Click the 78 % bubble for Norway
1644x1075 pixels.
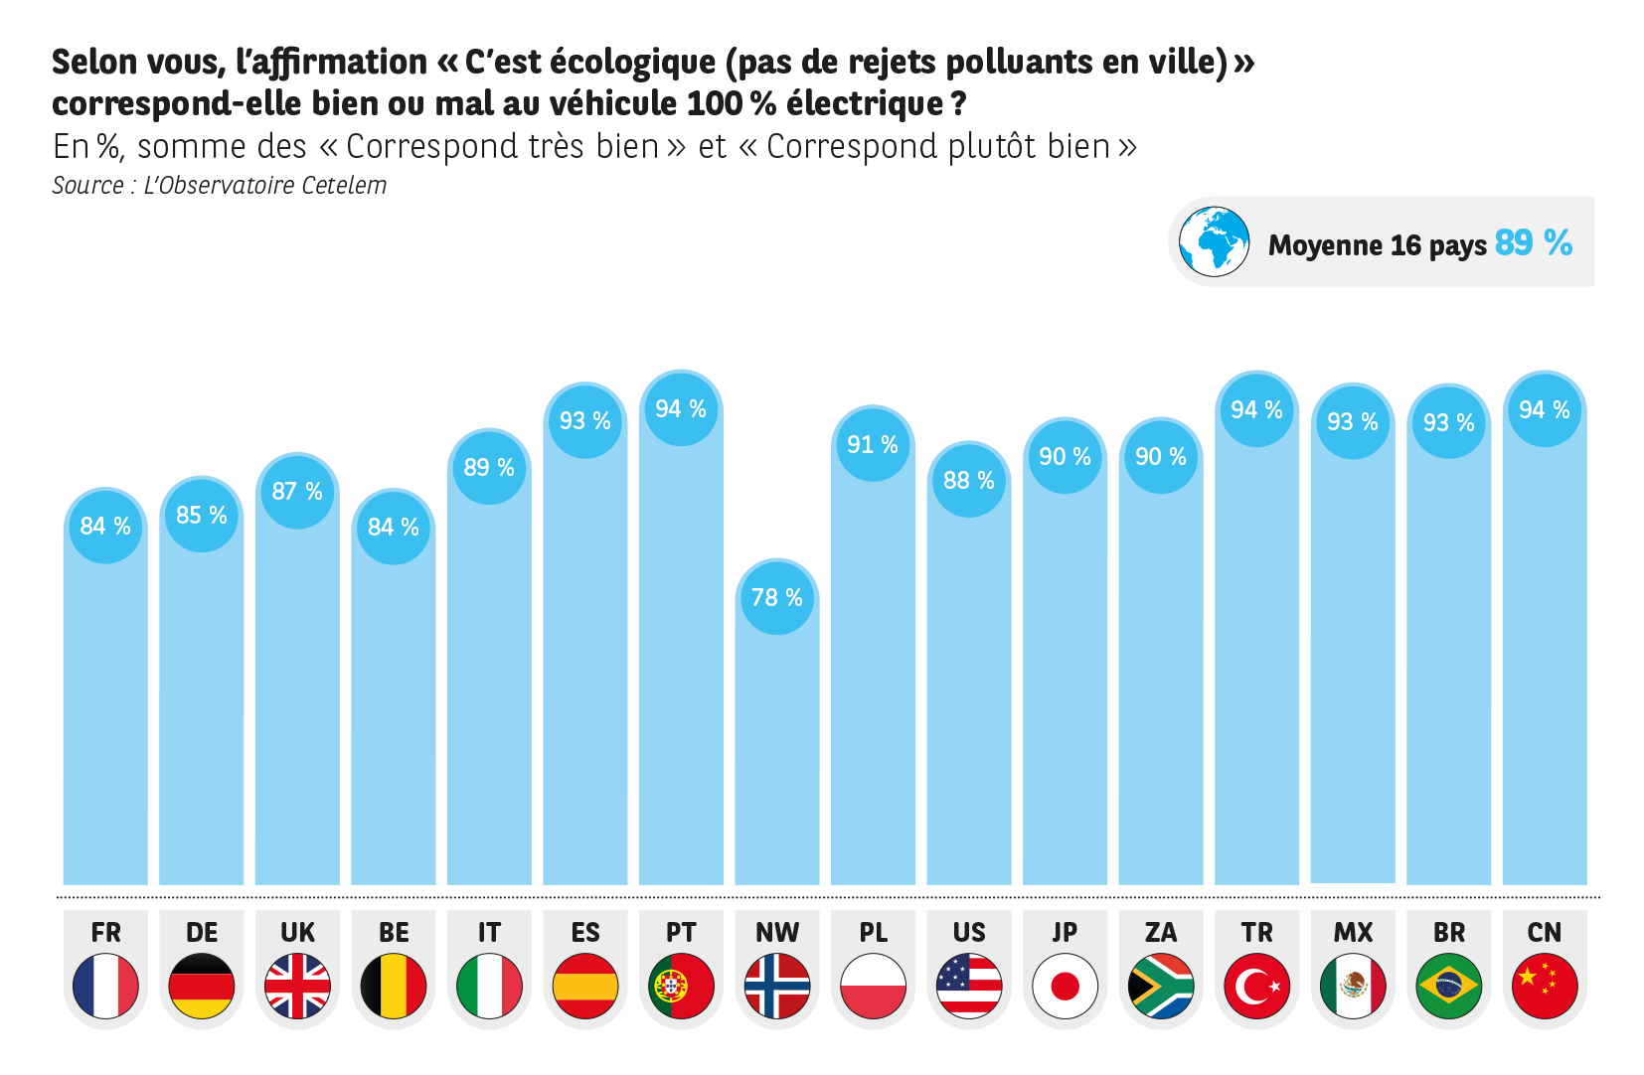click(x=777, y=598)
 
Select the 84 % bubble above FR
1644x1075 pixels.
click(x=105, y=527)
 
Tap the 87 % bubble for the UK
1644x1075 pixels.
click(x=297, y=492)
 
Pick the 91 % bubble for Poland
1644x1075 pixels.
click(x=873, y=445)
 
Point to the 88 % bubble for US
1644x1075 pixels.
click(x=969, y=481)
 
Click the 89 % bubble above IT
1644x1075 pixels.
click(x=489, y=468)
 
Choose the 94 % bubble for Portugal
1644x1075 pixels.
click(x=681, y=409)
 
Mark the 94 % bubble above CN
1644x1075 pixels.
click(x=1545, y=410)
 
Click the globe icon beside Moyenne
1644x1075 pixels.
click(x=1214, y=241)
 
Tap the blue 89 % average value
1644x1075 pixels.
click(x=1533, y=243)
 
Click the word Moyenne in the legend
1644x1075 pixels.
click(x=1325, y=245)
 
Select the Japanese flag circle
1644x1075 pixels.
click(x=1065, y=986)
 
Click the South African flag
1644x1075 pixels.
click(x=1161, y=986)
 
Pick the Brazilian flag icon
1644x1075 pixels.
click(x=1448, y=986)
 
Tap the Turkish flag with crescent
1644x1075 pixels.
click(x=1256, y=986)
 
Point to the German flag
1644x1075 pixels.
click(x=202, y=986)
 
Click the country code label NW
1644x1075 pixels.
click(x=777, y=933)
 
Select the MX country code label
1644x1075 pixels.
click(x=1353, y=933)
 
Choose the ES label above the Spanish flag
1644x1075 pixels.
click(x=585, y=933)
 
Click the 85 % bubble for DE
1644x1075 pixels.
click(x=202, y=516)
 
